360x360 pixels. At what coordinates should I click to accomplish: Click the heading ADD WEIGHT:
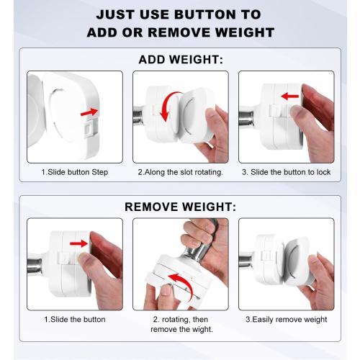pos(181,60)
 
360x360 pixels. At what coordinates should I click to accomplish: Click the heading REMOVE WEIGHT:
pos(181,207)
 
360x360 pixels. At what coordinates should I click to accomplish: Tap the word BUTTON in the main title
pos(205,14)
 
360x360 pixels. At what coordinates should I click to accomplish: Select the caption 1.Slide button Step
pos(75,172)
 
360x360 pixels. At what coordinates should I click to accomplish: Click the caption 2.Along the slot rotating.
pos(181,172)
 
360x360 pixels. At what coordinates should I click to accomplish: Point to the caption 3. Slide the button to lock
pos(287,172)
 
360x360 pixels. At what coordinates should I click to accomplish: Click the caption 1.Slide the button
pos(75,320)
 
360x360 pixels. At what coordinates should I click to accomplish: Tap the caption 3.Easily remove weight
pos(287,320)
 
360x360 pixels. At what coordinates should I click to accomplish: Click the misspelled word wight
pos(202,329)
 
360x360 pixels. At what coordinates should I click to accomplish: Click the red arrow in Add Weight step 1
pos(89,112)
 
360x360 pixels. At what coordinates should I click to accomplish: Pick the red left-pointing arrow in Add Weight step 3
pos(290,96)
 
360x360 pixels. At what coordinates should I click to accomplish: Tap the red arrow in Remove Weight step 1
pos(79,243)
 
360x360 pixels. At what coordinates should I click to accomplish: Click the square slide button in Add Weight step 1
pos(88,128)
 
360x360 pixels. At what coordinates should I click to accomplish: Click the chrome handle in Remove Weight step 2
pos(195,252)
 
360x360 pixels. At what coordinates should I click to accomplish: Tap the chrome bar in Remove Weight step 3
pos(246,261)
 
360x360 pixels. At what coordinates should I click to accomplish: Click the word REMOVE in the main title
pos(179,32)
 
